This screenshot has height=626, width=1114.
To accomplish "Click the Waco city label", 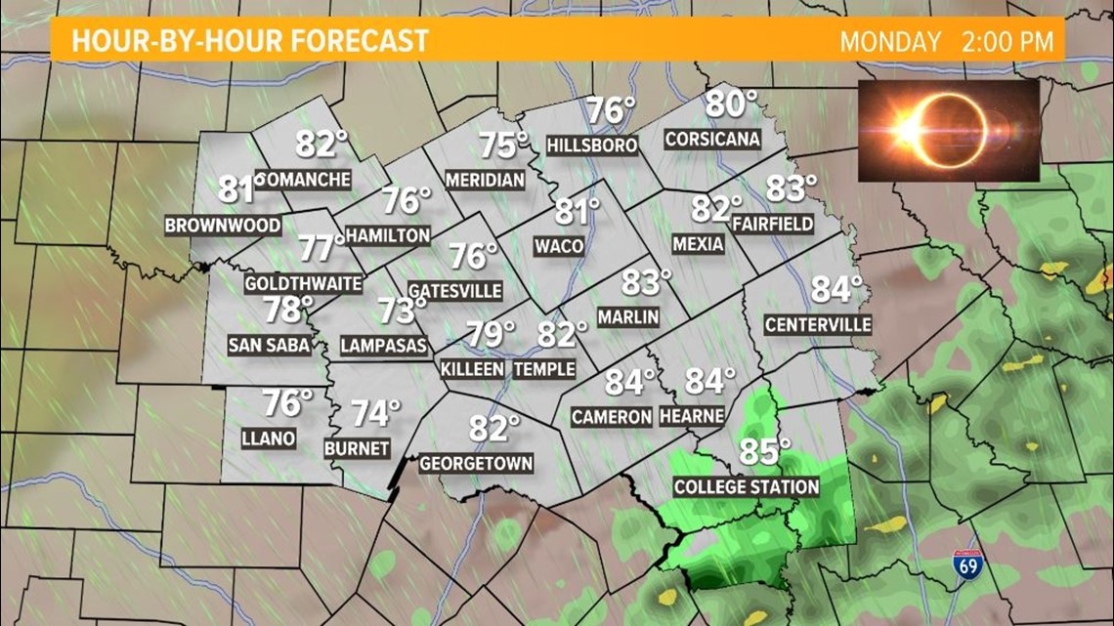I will [559, 246].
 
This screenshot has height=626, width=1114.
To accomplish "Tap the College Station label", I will [747, 486].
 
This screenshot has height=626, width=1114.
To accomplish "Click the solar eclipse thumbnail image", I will [948, 130].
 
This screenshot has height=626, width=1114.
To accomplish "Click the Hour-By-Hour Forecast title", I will [250, 41].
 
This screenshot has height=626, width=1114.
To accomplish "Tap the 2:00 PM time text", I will [1011, 42].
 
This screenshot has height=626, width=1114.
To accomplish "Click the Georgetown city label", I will [477, 464].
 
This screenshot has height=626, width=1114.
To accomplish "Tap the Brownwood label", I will [223, 226].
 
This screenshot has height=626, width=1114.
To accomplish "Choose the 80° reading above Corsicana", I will [732, 103].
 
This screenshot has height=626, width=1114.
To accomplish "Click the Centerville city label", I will [818, 324].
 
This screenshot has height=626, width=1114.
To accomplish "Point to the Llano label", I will [269, 438].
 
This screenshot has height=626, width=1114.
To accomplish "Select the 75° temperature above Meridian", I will [503, 146].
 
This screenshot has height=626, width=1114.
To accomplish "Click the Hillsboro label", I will [592, 146].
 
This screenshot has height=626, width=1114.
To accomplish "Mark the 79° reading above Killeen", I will [490, 334].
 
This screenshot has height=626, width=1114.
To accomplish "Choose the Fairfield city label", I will [772, 224].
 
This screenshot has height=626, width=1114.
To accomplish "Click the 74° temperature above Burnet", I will [376, 414].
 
